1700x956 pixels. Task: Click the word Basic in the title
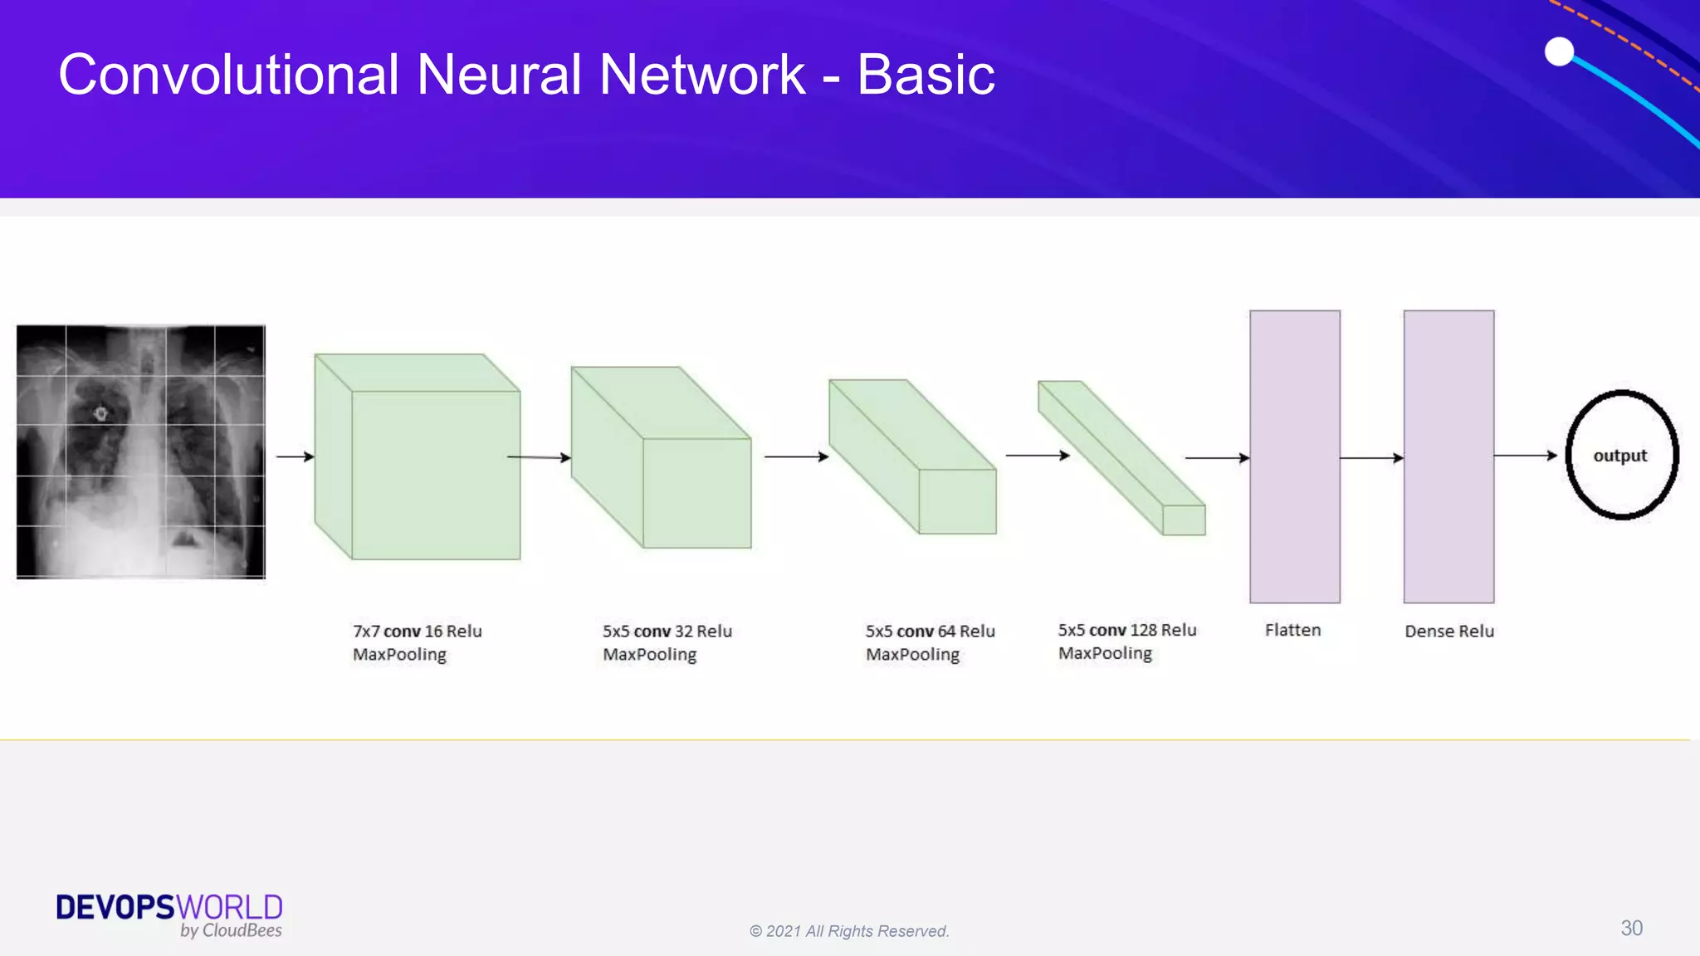tap(925, 75)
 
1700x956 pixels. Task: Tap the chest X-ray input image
tap(141, 451)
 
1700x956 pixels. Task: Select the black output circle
tap(1621, 455)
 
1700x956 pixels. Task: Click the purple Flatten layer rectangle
tap(1294, 456)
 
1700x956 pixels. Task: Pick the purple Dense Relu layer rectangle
tap(1448, 456)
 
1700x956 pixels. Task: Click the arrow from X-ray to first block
tap(295, 456)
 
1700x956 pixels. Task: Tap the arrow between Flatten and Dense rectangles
tap(1371, 457)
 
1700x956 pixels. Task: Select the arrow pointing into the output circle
tap(1525, 456)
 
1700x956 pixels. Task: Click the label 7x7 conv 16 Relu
tap(417, 631)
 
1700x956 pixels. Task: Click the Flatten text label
tap(1292, 630)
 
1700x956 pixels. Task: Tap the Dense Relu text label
tap(1448, 631)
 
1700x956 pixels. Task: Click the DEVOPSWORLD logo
tap(169, 915)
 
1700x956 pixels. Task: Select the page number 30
tap(1631, 928)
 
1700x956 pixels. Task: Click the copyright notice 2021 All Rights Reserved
tap(849, 931)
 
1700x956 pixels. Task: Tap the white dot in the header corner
tap(1559, 51)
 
